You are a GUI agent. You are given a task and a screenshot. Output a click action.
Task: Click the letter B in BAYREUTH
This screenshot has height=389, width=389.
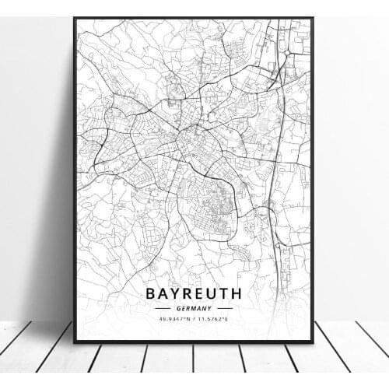click(x=150, y=294)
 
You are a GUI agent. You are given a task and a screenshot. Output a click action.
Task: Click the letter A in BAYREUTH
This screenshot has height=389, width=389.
click(x=163, y=294)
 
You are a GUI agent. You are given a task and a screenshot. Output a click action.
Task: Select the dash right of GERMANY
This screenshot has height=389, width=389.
click(x=225, y=308)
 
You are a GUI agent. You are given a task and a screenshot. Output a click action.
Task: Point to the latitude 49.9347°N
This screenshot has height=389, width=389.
click(x=173, y=318)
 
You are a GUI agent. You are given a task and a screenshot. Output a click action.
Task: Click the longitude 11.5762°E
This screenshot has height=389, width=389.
click(x=216, y=318)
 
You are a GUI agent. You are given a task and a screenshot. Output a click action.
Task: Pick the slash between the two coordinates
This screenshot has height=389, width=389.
click(x=194, y=318)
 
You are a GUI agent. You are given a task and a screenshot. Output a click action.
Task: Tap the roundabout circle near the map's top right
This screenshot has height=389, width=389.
click(x=286, y=52)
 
